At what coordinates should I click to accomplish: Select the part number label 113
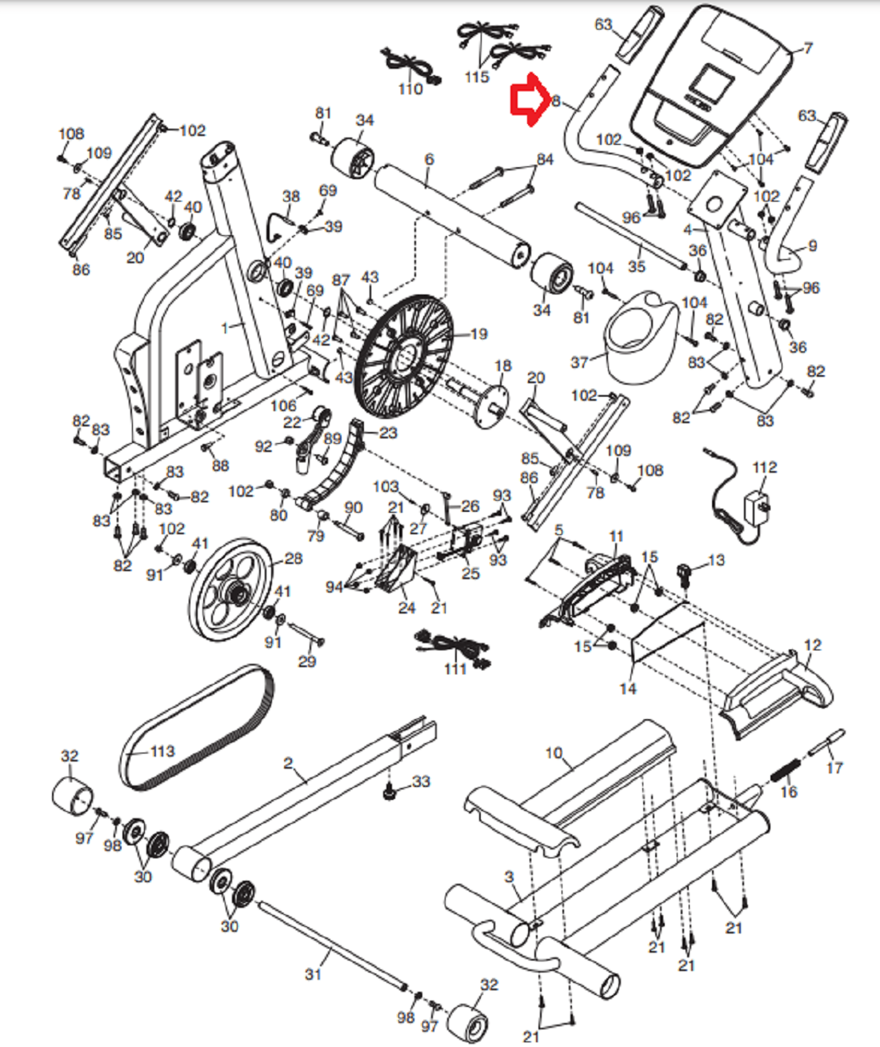pyautogui.click(x=162, y=752)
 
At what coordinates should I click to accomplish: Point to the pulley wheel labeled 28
pyautogui.click(x=231, y=590)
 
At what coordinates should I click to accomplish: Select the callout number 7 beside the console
pyautogui.click(x=808, y=48)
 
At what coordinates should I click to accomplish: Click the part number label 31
pyautogui.click(x=314, y=974)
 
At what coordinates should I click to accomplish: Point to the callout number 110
pyautogui.click(x=410, y=90)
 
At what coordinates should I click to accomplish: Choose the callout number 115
pyautogui.click(x=477, y=77)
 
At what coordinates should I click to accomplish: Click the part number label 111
pyautogui.click(x=455, y=669)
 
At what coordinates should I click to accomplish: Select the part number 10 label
pyautogui.click(x=554, y=753)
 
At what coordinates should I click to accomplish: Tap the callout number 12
pyautogui.click(x=813, y=645)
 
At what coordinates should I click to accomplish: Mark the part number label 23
pyautogui.click(x=388, y=433)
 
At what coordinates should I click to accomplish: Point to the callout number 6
pyautogui.click(x=429, y=159)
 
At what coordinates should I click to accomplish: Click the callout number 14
pyautogui.click(x=628, y=689)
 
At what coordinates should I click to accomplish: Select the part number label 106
pyautogui.click(x=283, y=406)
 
